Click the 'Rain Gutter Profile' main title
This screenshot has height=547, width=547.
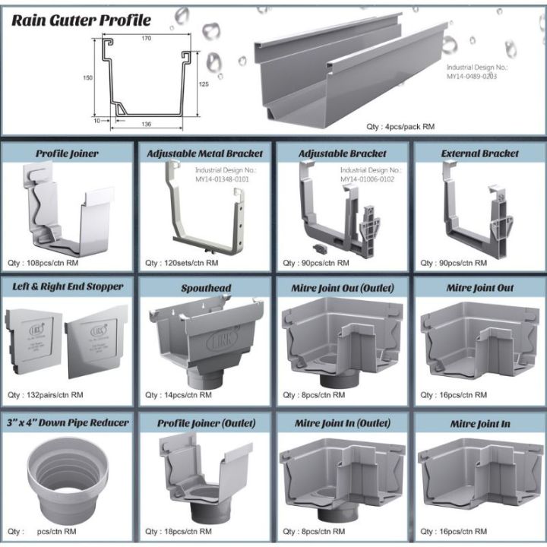pos(81,20)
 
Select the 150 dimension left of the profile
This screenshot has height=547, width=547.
pos(88,77)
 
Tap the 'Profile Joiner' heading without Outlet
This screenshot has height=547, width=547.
pos(67,153)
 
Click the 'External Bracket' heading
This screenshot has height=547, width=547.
pos(480,153)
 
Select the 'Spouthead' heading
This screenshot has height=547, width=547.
pos(206,289)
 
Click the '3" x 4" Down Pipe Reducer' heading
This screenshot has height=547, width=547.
pos(68,422)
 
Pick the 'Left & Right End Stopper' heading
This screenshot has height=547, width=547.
pos(68,288)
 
